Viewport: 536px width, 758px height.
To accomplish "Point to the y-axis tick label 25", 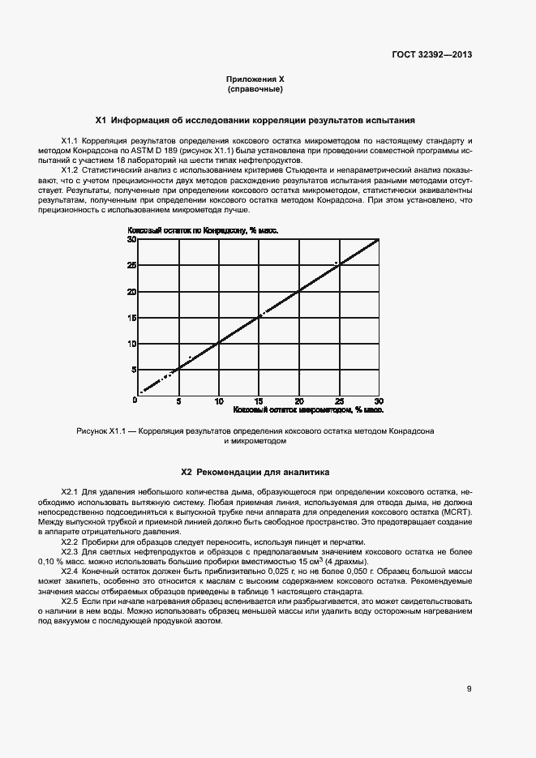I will pos(131,265).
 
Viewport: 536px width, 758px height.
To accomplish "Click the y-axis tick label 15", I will pos(131,318).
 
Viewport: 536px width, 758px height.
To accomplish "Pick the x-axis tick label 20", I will pos(299,401).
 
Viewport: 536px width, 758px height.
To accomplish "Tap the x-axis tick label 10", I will pos(218,401).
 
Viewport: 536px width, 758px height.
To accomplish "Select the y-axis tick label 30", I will pos(131,239).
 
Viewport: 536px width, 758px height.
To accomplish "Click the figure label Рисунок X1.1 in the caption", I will pos(102,431).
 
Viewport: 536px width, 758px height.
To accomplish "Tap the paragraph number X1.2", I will pos(70,169).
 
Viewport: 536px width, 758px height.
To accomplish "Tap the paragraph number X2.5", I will pos(70,601).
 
